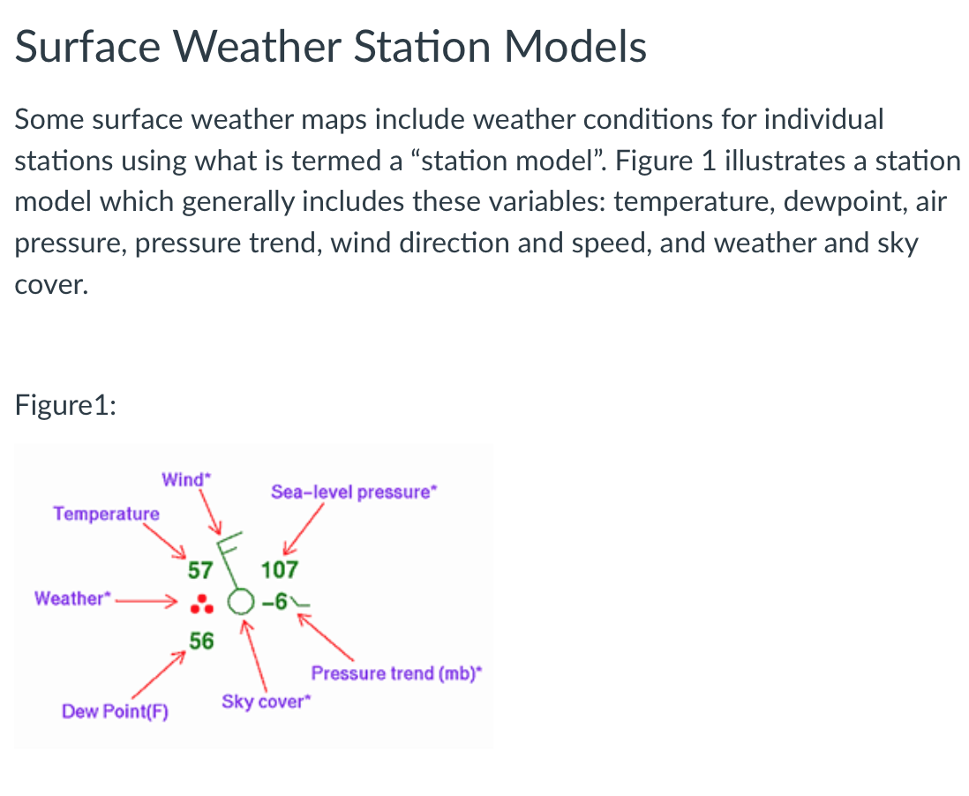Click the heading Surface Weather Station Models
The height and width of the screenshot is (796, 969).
tap(331, 47)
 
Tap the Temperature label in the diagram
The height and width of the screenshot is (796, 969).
tap(106, 514)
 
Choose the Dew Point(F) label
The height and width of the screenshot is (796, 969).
tap(115, 711)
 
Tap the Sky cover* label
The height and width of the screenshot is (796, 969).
tap(267, 702)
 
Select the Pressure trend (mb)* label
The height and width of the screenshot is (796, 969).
tap(397, 674)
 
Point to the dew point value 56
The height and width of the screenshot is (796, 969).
tap(201, 642)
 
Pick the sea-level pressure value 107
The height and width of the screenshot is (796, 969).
tap(280, 570)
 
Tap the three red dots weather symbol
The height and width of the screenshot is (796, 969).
tap(202, 604)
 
